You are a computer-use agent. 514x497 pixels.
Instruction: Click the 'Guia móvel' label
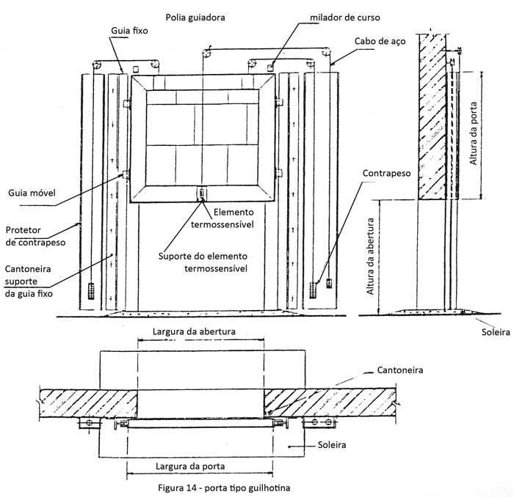(x=32, y=194)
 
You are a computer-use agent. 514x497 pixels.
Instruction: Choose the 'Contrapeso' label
(x=385, y=173)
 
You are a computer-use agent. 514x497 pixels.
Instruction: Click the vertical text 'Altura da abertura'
(x=372, y=256)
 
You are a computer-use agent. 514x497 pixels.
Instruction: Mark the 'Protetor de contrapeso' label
(x=35, y=235)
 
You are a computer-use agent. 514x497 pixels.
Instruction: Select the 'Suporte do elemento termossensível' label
(x=203, y=262)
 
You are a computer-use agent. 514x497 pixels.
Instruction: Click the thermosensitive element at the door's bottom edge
(x=200, y=194)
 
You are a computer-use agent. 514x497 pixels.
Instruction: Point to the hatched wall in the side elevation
(x=431, y=117)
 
